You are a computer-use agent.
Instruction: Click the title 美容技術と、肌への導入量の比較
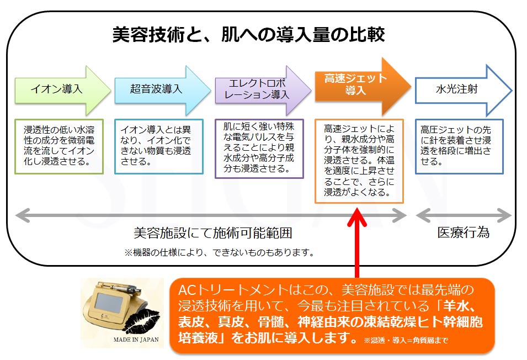point(248,35)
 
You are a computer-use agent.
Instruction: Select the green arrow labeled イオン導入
point(61,89)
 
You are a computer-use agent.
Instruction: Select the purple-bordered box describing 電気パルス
point(259,148)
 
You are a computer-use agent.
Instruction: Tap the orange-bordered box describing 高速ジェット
point(359,161)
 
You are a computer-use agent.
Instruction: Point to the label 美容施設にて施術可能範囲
point(212,233)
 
